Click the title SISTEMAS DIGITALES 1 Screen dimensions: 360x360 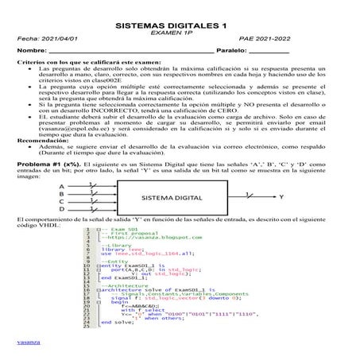tap(180, 27)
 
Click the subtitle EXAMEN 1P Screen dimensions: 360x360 tap(179, 35)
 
